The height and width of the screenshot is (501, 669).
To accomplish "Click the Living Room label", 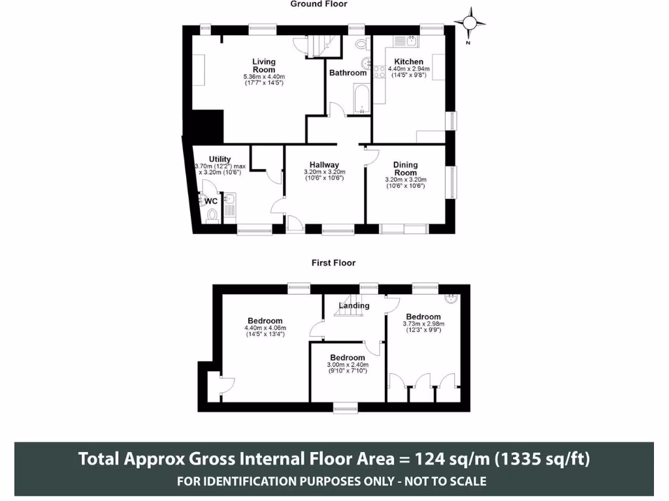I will [264, 65].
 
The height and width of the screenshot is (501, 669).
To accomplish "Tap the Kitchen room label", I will [408, 61].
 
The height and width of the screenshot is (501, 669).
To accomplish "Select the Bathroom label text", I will [348, 73].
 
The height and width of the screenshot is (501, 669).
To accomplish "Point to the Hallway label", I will [324, 165].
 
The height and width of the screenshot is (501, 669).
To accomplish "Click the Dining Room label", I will [405, 168].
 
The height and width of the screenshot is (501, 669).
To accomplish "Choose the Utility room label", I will [220, 159].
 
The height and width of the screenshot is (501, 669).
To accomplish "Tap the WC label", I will [211, 202].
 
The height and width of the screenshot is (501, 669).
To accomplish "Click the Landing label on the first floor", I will [354, 305].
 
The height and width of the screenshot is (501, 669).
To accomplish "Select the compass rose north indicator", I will [470, 23].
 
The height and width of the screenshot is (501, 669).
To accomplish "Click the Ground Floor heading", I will [319, 4].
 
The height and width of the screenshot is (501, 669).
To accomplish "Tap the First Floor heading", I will [334, 263].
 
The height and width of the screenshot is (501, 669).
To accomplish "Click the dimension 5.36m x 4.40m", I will [264, 76].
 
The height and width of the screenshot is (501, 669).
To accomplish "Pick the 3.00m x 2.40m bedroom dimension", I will [348, 365].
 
